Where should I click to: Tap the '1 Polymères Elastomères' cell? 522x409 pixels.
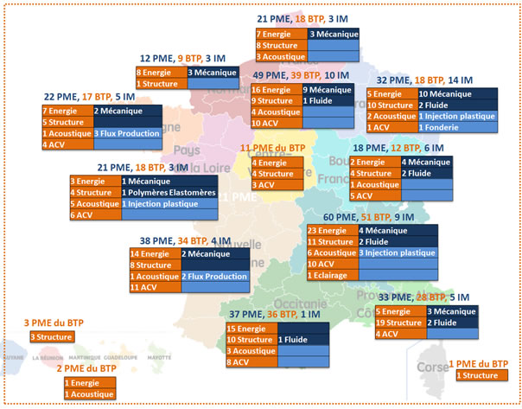[x=168, y=192]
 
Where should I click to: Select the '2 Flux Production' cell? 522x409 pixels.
[x=212, y=276]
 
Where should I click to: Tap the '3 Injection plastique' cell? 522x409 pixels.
[x=397, y=252]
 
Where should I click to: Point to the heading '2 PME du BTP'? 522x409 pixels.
[x=86, y=369]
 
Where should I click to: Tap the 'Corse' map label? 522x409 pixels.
[x=431, y=366]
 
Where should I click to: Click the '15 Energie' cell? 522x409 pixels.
[x=251, y=329]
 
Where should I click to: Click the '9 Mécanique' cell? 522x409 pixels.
[x=326, y=90]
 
